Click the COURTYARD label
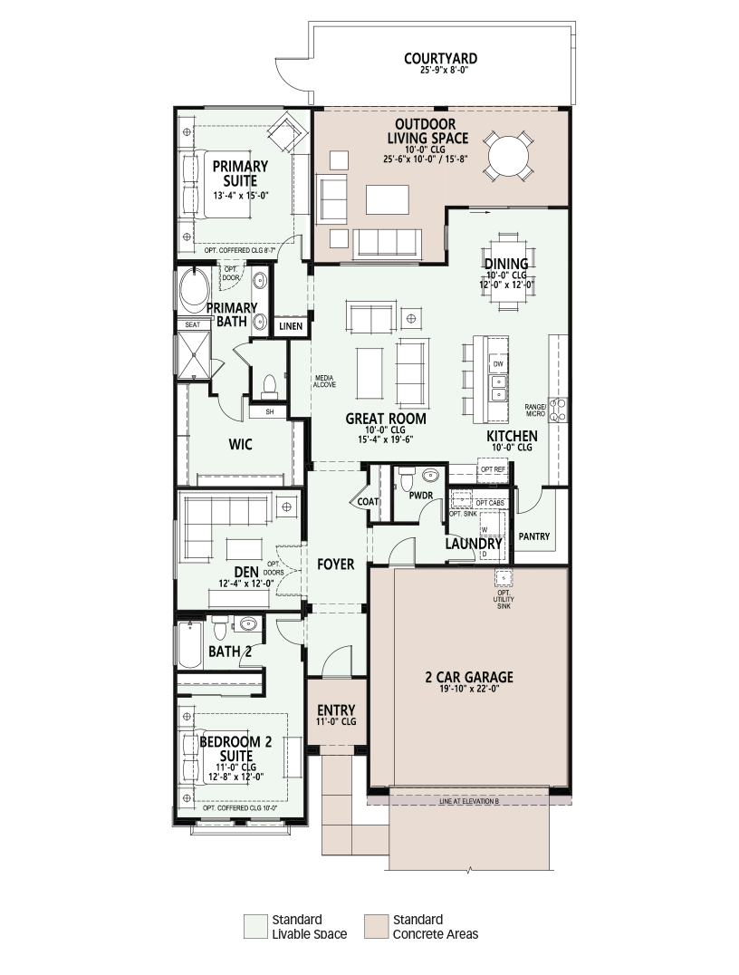(441, 59)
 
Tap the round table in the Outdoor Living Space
(510, 156)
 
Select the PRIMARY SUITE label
(240, 173)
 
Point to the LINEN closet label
(290, 326)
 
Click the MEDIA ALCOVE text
(324, 381)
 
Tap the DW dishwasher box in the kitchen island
(498, 363)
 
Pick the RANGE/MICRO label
(534, 410)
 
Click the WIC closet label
(241, 444)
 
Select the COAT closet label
(368, 501)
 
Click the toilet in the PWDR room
(407, 479)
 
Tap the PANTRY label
(534, 536)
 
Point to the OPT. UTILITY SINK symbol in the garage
(504, 578)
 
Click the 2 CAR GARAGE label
(469, 677)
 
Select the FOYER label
(336, 564)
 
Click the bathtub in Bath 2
(190, 644)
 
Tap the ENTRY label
(336, 710)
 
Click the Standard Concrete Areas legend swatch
(376, 926)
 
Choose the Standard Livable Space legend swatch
(254, 926)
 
